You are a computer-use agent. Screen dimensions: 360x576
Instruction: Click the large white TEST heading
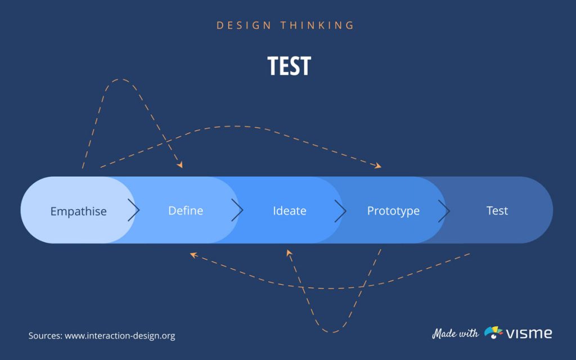[x=289, y=66]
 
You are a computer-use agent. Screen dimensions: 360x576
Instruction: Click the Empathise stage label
[x=78, y=211]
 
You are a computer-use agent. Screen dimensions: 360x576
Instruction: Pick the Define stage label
[x=186, y=211]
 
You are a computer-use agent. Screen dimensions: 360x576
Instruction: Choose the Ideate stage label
[x=290, y=211]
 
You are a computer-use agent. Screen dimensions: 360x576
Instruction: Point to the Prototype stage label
[x=393, y=211]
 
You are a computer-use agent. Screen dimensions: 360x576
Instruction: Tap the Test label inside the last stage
[x=497, y=211]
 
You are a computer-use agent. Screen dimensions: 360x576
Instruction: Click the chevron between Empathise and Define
[x=133, y=211]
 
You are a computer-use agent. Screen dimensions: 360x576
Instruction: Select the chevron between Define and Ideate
[x=237, y=211]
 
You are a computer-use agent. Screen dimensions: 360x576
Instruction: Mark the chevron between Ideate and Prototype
[x=340, y=211]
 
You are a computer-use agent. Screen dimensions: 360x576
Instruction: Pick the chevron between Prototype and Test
[x=444, y=211]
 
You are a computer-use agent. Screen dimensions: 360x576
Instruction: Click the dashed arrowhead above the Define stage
[x=180, y=165]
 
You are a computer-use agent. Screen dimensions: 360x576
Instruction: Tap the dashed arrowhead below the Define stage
[x=193, y=255]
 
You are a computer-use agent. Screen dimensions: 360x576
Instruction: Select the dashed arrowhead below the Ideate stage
[x=290, y=254]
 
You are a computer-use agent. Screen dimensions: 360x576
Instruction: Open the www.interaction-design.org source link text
[x=120, y=336]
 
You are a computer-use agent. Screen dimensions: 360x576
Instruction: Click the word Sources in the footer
[x=45, y=336]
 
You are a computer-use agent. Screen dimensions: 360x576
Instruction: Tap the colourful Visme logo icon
[x=493, y=332]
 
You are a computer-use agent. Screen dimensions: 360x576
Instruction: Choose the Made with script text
[x=455, y=333]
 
